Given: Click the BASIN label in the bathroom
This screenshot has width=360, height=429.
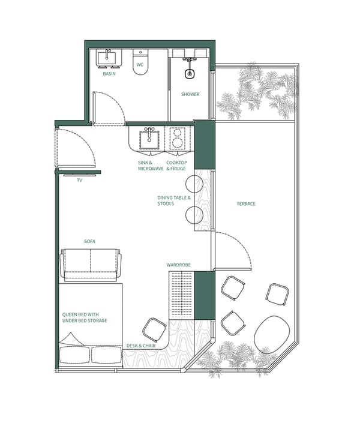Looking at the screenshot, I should point(109,74).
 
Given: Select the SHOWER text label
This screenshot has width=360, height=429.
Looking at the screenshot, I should point(190,94).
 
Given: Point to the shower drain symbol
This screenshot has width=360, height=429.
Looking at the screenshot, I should point(190,74).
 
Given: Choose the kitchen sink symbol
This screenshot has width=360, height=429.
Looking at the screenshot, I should point(149,139).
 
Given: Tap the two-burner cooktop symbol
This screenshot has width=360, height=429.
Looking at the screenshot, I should point(178,139).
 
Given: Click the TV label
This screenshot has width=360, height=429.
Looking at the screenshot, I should point(79,179).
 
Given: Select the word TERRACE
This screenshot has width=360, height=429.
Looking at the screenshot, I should point(246,204).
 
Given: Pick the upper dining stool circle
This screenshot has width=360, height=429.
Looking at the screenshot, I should point(194,184).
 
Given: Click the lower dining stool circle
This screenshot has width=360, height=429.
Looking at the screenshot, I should point(194,214).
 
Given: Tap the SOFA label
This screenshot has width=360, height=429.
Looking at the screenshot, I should point(91,242).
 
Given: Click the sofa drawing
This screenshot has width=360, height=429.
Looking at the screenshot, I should point(91,266).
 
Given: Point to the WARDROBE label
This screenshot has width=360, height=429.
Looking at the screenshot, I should point(179,265).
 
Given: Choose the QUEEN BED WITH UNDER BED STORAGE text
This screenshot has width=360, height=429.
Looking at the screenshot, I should point(85,317).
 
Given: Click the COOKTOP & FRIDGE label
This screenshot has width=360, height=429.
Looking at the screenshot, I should point(177,166).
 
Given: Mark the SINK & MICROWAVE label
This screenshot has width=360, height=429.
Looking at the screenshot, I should point(151,166).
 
